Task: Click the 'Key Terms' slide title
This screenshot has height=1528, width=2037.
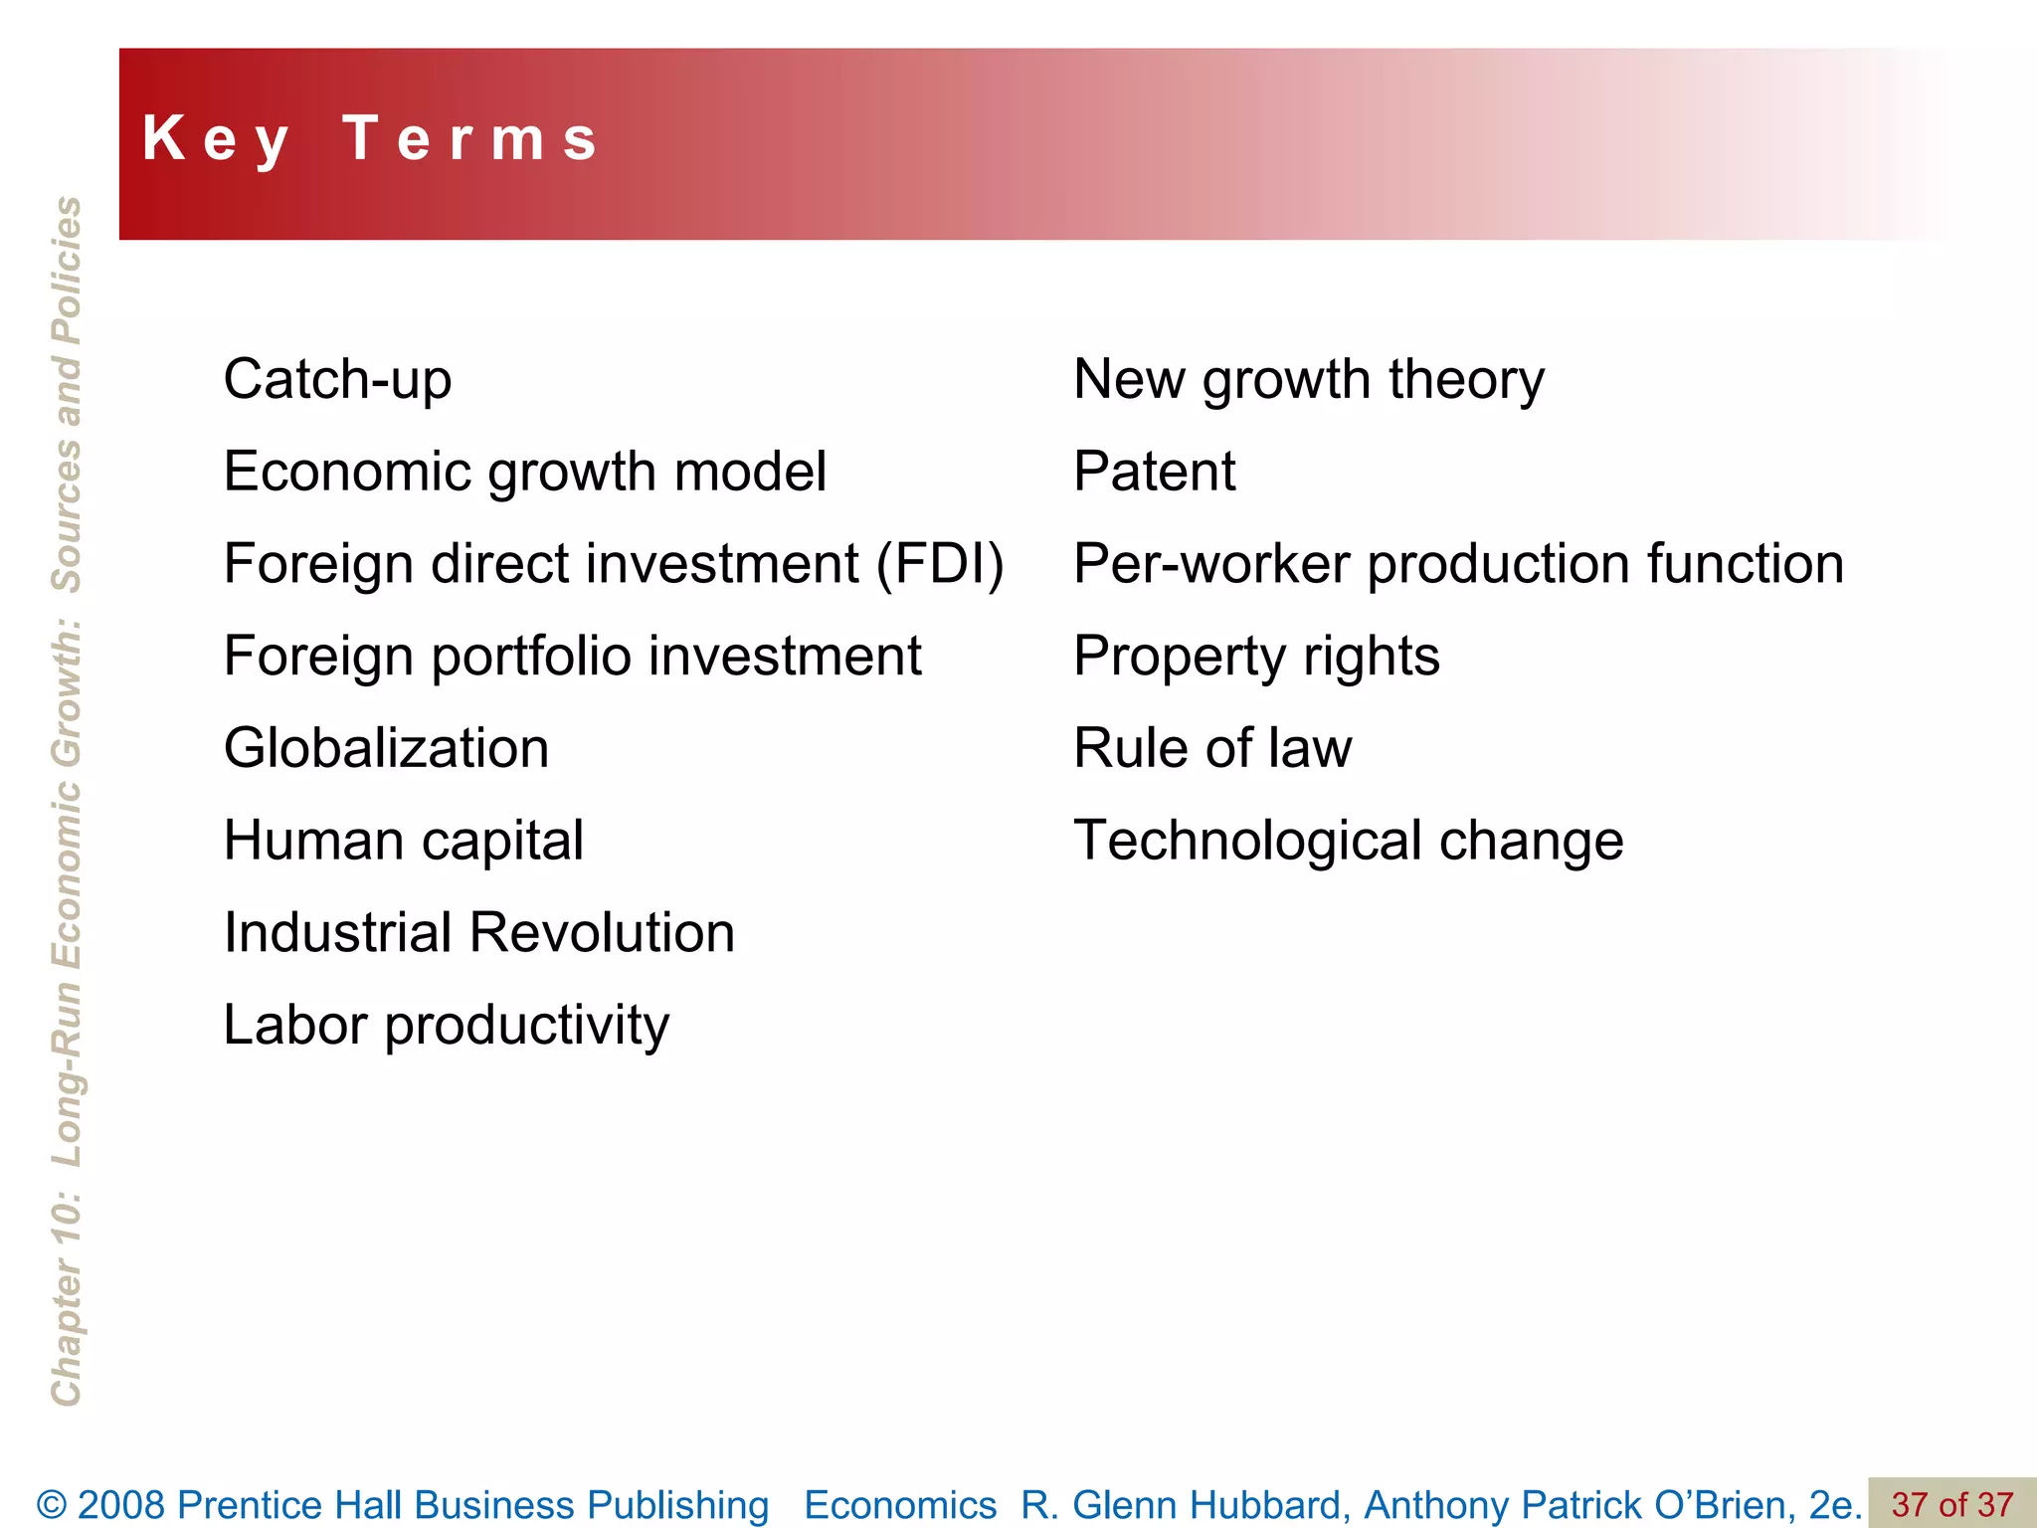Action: pyautogui.click(x=370, y=138)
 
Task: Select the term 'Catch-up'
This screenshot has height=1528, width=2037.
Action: pyautogui.click(x=337, y=380)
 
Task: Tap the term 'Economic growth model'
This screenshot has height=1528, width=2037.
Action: pyautogui.click(x=524, y=472)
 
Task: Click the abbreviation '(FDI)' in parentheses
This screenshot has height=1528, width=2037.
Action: pyautogui.click(x=940, y=564)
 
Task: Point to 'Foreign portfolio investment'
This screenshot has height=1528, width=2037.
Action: pyautogui.click(x=572, y=657)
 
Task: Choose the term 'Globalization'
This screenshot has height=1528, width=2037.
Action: pyautogui.click(x=386, y=748)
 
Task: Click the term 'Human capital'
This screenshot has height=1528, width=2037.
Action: pyautogui.click(x=403, y=842)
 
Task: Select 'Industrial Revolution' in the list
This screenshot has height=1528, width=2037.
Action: pyautogui.click(x=478, y=933)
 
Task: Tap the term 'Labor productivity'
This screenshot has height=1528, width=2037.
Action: pyautogui.click(x=447, y=1026)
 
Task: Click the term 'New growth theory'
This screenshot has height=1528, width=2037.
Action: pyautogui.click(x=1309, y=380)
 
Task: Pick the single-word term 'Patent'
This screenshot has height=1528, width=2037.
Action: pyautogui.click(x=1154, y=472)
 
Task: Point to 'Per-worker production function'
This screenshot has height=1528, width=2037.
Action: pyautogui.click(x=1458, y=564)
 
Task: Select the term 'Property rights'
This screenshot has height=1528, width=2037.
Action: pyautogui.click(x=1256, y=657)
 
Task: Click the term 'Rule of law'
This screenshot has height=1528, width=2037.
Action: pyautogui.click(x=1212, y=748)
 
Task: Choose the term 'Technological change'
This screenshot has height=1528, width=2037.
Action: pyautogui.click(x=1348, y=842)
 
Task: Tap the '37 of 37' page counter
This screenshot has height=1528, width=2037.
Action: pyautogui.click(x=1951, y=1504)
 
